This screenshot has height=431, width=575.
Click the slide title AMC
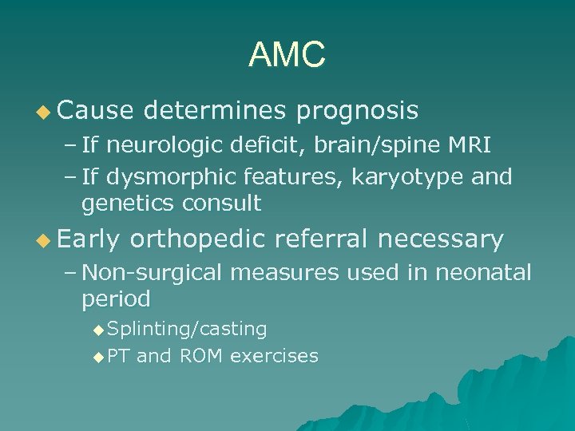[x=287, y=55]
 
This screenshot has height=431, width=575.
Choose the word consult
[x=221, y=203]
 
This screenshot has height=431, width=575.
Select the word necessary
[x=442, y=239]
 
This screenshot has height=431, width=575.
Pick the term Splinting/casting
[x=187, y=329]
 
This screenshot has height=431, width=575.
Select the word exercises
[x=274, y=356]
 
